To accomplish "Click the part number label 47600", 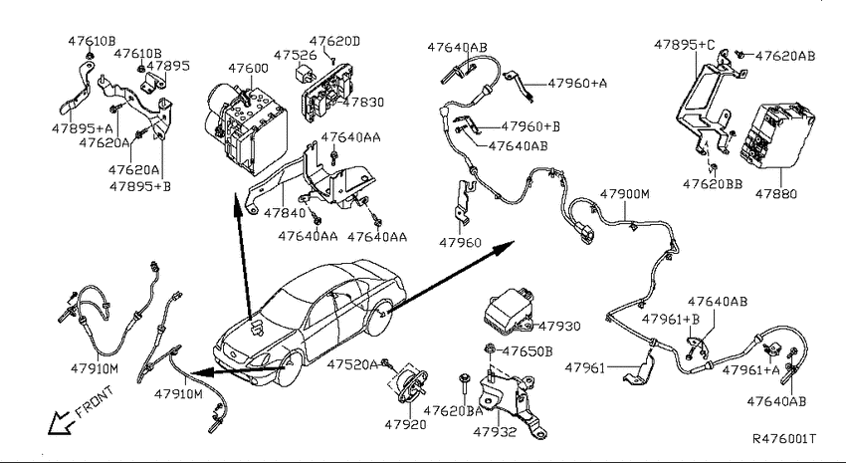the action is click(248, 69).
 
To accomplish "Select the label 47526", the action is click(295, 55).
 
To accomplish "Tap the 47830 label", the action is click(363, 103).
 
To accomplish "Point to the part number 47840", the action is click(285, 213).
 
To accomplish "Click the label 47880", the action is click(776, 194).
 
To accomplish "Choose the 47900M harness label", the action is click(625, 194).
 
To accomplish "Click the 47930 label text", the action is click(559, 327).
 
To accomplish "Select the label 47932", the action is click(495, 432).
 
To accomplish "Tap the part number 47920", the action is click(405, 425).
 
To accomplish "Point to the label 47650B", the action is click(528, 351).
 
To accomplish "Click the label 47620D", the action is click(334, 42).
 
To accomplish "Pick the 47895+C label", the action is click(684, 45).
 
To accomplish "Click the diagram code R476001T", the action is click(784, 439).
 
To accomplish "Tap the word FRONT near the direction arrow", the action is click(95, 402).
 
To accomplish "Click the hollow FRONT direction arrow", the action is click(62, 422).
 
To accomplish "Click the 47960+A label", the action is click(577, 84).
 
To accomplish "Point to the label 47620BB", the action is click(713, 184).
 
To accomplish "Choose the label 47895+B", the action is click(139, 187).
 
